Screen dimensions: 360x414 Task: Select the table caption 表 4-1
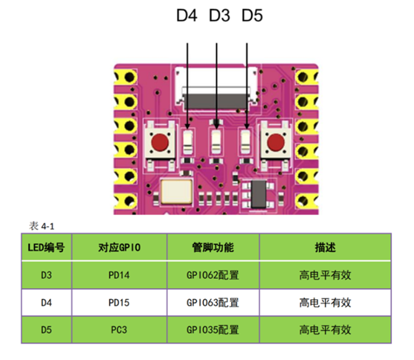[42, 225]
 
